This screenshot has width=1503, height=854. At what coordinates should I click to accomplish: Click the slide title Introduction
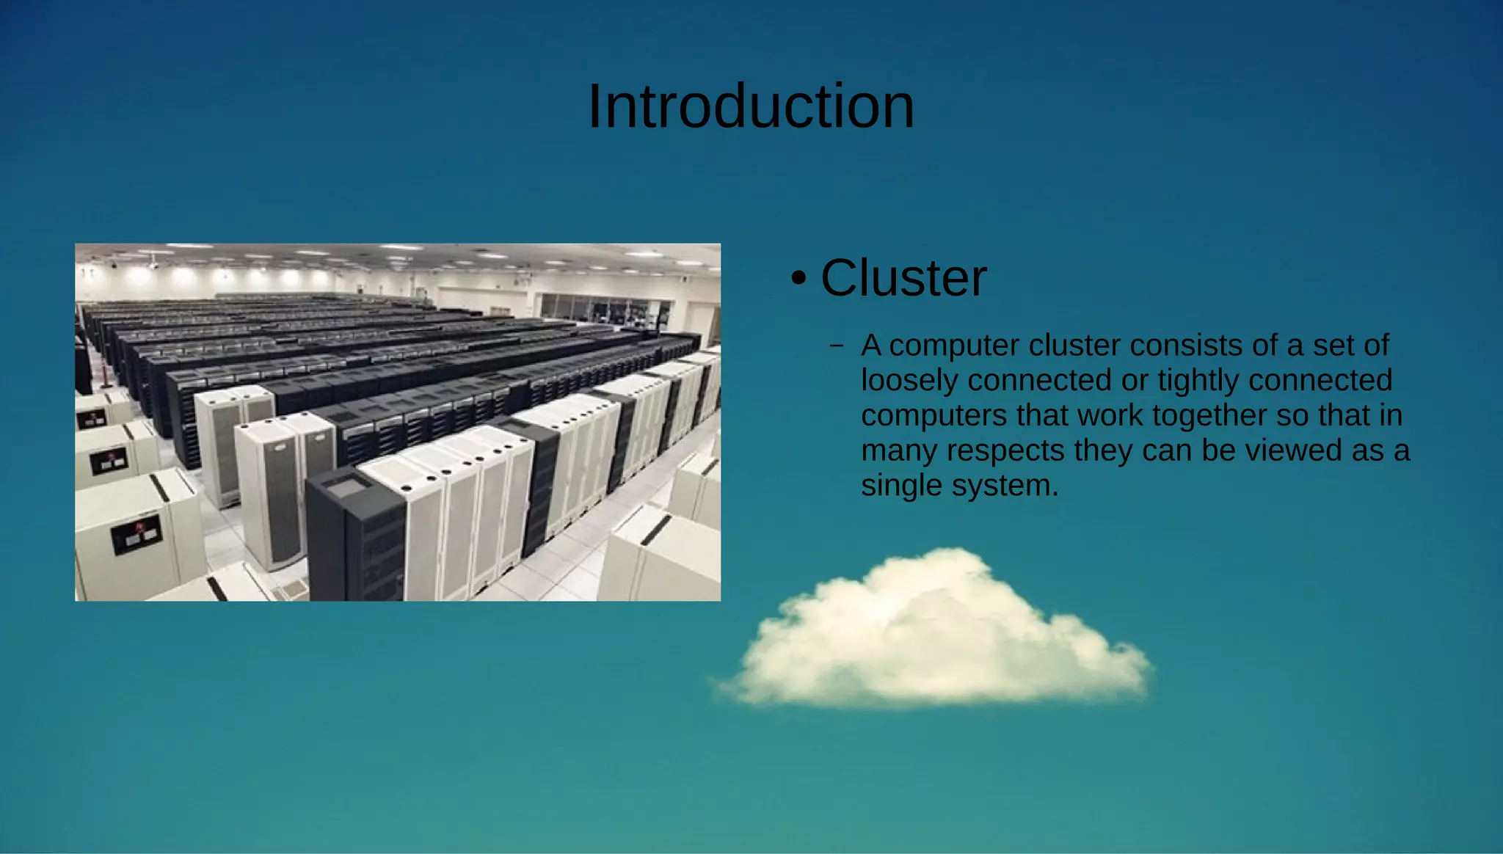click(751, 107)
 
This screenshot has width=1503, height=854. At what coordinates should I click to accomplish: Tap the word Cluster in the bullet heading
click(903, 278)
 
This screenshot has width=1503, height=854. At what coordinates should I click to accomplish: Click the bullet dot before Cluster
click(798, 279)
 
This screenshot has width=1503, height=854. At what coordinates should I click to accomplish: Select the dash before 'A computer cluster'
click(836, 346)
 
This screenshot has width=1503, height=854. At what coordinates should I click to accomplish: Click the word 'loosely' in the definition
click(909, 381)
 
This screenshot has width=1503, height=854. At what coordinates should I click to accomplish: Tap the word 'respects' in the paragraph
click(1005, 450)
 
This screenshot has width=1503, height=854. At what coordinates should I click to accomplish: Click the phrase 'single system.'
click(959, 486)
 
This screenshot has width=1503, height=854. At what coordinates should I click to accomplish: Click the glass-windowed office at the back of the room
click(602, 308)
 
